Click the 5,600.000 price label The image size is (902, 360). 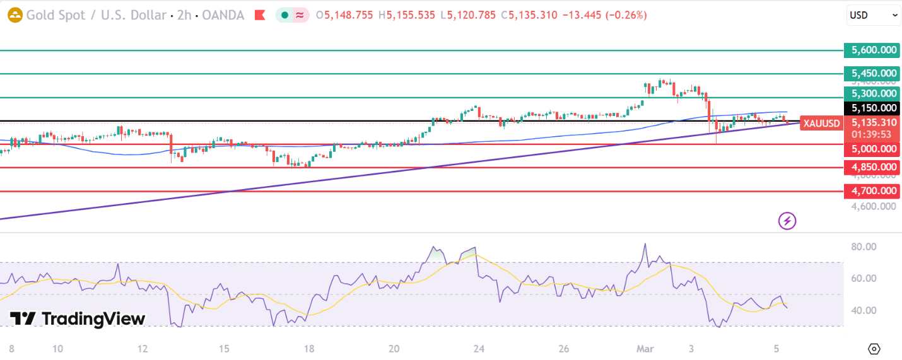tap(870, 50)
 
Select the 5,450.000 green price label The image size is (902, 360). tap(870, 74)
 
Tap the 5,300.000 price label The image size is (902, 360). tap(870, 94)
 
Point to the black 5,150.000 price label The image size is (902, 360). tap(870, 108)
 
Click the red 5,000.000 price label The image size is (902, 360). tap(870, 149)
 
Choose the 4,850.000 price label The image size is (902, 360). tap(870, 168)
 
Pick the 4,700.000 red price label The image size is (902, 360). tap(870, 191)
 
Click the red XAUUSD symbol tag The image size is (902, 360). tap(820, 124)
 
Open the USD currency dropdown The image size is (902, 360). tap(873, 14)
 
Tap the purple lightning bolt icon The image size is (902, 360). tap(787, 221)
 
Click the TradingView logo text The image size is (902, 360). tap(78, 319)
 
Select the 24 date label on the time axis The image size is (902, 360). tap(479, 349)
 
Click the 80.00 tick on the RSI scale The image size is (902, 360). tap(863, 247)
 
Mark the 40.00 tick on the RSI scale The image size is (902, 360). tap(863, 310)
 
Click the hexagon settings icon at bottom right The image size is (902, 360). tap(874, 349)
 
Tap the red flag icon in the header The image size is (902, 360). tap(259, 15)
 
